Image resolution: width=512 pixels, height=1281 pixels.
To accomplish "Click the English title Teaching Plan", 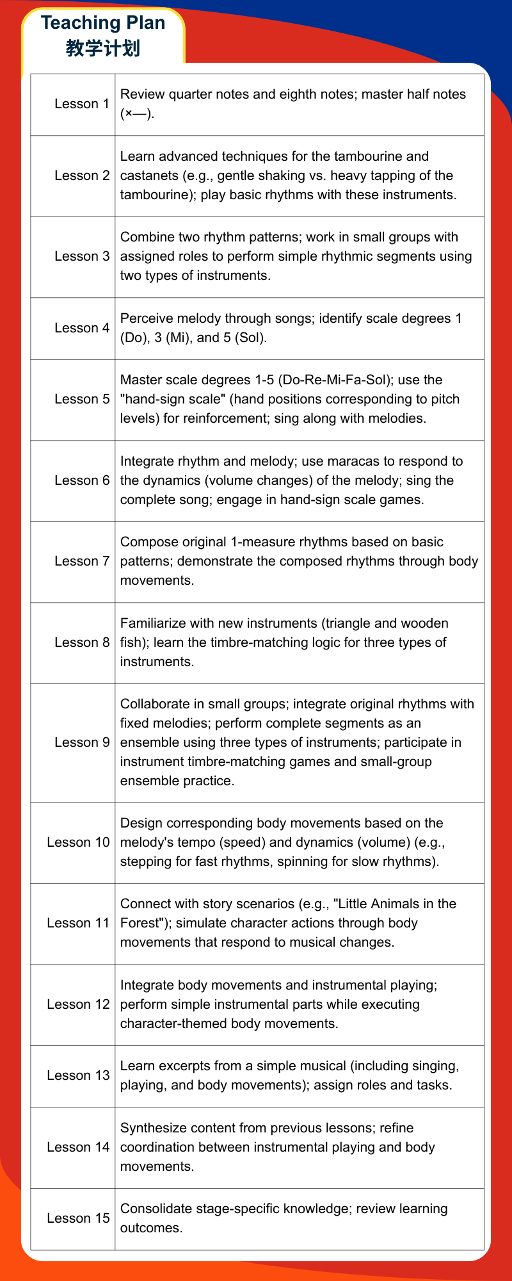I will click(103, 23).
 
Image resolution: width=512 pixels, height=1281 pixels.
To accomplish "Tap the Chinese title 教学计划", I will click(103, 48).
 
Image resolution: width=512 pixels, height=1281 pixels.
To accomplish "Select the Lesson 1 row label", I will click(82, 104).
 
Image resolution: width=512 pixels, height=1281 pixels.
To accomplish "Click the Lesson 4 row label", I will click(82, 328).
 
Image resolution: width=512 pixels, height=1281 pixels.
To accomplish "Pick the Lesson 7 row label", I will click(82, 561).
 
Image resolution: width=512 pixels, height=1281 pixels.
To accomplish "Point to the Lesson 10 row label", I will click(78, 842).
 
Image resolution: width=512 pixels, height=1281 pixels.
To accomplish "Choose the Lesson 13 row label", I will click(78, 1075).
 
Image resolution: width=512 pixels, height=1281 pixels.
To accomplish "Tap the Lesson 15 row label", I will click(78, 1218).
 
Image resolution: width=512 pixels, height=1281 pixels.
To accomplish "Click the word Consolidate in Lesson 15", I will click(156, 1209).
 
